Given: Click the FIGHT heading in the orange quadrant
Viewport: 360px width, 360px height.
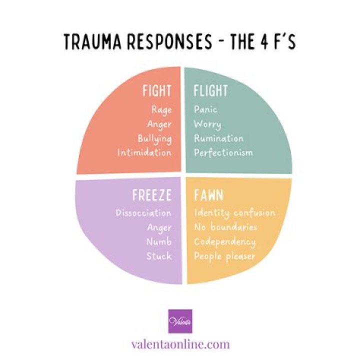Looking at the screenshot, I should point(156,91).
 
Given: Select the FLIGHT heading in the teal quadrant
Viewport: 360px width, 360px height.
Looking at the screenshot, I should point(210,91).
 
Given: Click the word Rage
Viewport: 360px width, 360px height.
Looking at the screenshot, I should point(160,109).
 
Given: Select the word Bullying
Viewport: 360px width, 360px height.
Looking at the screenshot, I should point(154,138).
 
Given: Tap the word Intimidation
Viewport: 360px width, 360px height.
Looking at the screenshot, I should point(144,152).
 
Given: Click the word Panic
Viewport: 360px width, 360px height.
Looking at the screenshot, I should point(206,109).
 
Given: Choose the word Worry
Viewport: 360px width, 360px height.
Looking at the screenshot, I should point(207,124).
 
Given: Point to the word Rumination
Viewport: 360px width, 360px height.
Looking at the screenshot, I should point(218,138).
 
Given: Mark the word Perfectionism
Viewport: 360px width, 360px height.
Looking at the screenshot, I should point(223,152).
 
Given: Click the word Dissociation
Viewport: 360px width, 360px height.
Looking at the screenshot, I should point(144,213).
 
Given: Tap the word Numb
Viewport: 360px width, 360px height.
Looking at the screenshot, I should point(159,242).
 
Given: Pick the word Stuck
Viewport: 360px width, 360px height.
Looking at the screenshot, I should point(159,256).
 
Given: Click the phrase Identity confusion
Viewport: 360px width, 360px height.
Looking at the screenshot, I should point(234,213).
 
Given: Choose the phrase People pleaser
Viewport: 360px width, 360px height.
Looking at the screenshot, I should point(224,256).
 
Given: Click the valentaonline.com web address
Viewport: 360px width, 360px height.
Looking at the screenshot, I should point(180,344).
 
